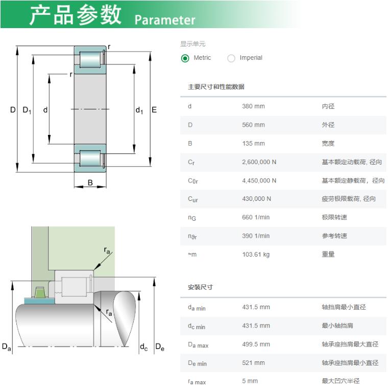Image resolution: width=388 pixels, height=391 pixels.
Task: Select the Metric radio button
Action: [185, 58]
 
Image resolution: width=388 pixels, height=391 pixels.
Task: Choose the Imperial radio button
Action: [231, 58]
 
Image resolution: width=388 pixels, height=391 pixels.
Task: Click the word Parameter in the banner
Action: [164, 20]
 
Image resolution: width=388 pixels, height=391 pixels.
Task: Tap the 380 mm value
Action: [253, 106]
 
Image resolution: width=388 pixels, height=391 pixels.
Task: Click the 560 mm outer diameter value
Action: [253, 125]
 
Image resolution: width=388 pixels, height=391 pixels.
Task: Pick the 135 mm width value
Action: [253, 144]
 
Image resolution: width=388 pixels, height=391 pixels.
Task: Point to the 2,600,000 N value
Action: [259, 162]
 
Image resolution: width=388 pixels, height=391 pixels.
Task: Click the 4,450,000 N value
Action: [259, 180]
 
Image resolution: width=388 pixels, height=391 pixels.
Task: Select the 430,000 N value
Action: [256, 199]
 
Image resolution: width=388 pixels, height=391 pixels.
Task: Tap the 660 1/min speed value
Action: [256, 217]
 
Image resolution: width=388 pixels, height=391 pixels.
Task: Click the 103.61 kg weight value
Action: [256, 255]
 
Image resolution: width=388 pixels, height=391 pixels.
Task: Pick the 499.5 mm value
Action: [256, 344]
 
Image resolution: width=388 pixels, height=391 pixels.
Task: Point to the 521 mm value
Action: [253, 363]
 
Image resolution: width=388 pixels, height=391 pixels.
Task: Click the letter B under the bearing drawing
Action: [90, 183]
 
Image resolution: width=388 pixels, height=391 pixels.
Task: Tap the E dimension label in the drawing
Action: [154, 110]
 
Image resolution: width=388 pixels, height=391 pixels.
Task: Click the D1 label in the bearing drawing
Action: [27, 110]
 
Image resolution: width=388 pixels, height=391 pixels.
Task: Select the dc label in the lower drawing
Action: [144, 347]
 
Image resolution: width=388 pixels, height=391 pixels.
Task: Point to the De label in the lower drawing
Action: [160, 347]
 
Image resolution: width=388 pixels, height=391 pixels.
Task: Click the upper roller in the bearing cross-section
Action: [90, 60]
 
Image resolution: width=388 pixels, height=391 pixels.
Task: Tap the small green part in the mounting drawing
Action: [39, 292]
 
